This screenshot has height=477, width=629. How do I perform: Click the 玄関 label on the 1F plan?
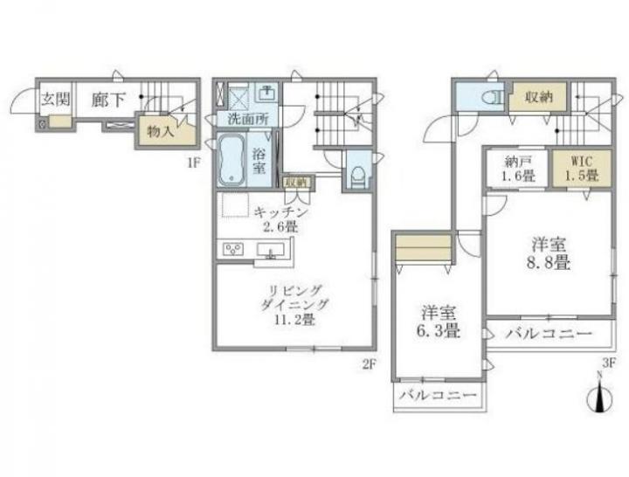point(56,99)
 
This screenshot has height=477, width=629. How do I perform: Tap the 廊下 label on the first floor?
point(108,100)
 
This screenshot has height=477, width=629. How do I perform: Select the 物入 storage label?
point(161,131)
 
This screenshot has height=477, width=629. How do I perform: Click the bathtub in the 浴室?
point(232,160)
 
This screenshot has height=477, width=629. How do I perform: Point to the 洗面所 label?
point(247,119)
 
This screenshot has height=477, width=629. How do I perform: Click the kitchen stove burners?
point(232,249)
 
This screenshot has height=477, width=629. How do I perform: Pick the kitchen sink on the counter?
point(271,251)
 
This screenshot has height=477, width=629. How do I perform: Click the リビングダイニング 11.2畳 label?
point(294,305)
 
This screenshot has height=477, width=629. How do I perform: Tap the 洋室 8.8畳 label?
point(549,253)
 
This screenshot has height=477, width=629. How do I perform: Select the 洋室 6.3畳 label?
point(439,321)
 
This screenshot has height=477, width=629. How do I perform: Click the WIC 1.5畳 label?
point(582,169)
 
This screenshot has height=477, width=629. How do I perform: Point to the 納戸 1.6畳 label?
point(518,169)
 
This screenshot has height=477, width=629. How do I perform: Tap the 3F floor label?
point(609,363)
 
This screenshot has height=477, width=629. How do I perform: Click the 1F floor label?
point(193,162)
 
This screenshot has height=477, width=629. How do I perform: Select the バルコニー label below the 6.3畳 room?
point(439,396)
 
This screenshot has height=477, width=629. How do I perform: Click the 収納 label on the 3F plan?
point(539,97)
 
